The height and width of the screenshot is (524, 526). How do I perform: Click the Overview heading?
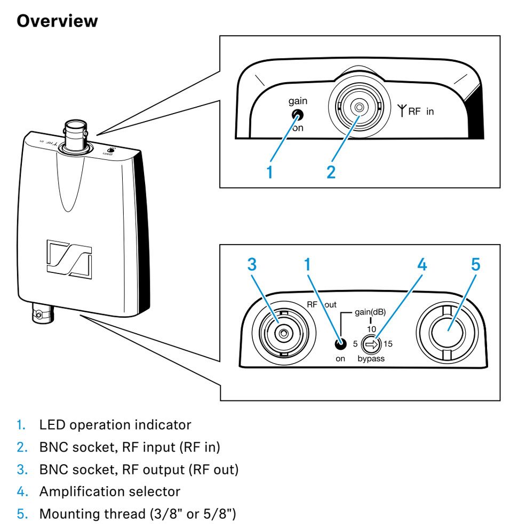pyautogui.click(x=58, y=21)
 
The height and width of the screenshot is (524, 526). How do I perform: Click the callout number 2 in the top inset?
pyautogui.click(x=331, y=172)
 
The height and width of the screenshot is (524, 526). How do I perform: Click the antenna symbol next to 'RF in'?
pyautogui.click(x=400, y=112)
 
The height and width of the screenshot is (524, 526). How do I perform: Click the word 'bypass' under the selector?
pyautogui.click(x=371, y=359)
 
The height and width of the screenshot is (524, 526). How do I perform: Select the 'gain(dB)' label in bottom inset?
pyautogui.click(x=370, y=312)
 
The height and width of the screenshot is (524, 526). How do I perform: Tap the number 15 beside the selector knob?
pyautogui.click(x=388, y=344)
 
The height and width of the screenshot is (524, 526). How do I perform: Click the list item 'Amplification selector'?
pyautogui.click(x=109, y=491)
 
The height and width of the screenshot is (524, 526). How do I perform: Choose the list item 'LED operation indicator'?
pyautogui.click(x=115, y=425)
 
